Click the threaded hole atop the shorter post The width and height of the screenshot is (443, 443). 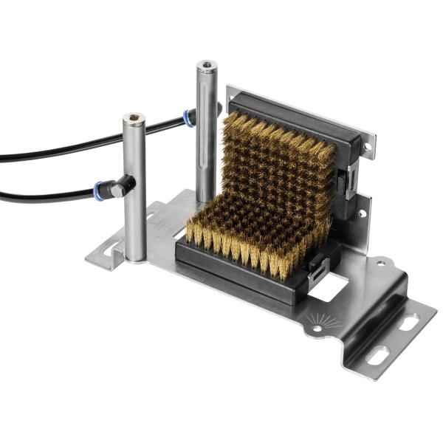(x=134, y=117)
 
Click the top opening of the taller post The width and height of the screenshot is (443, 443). (x=206, y=66)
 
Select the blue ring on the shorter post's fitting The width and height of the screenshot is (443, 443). (x=100, y=190)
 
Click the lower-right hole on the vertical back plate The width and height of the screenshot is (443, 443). (x=362, y=213)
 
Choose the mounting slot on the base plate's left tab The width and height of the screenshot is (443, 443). (x=115, y=250)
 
